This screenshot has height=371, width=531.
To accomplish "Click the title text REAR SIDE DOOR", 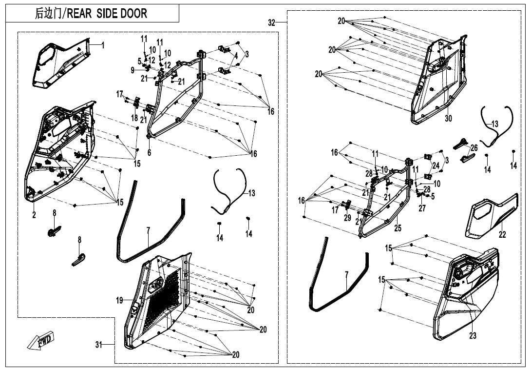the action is (x=106, y=14).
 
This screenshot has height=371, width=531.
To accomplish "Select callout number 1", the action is (x=103, y=45).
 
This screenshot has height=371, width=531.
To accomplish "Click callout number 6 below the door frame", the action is (x=149, y=153).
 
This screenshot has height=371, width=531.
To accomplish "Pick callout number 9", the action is (x=133, y=71).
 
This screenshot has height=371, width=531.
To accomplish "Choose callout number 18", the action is (x=134, y=118).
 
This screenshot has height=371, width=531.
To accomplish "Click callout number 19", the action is (x=119, y=300).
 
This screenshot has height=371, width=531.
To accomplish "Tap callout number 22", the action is (x=502, y=234).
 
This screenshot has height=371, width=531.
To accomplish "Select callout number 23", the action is (x=473, y=336).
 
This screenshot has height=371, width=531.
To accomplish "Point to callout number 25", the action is (x=398, y=228).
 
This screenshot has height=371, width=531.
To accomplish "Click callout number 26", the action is (x=474, y=148).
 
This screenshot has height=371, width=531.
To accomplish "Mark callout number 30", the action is (x=448, y=118).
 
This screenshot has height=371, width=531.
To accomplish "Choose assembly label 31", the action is (x=98, y=345).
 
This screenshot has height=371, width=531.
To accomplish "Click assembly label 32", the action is (x=272, y=23).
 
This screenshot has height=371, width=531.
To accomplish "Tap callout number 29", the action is (x=347, y=218).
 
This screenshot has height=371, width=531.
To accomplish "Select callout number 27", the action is (x=422, y=208).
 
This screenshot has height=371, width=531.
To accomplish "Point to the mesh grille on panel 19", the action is (x=162, y=299).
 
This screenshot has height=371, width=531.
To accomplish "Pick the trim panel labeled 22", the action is (x=492, y=216).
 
